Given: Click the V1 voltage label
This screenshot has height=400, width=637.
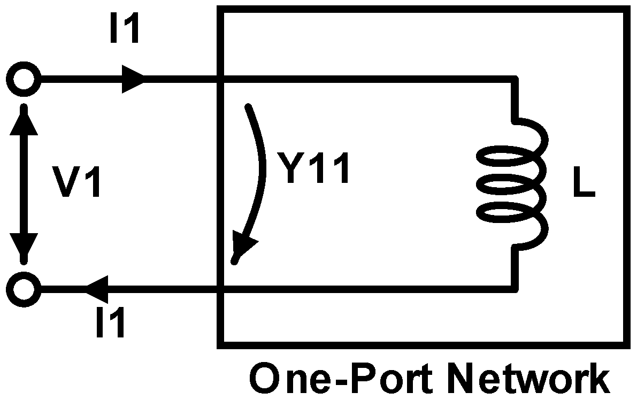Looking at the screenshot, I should click(x=81, y=183).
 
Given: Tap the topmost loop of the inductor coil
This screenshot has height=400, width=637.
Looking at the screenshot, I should click(x=511, y=159).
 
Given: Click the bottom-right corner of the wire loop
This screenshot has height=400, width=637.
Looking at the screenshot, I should click(x=515, y=289).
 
